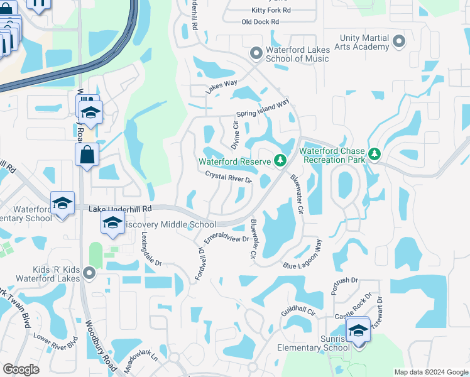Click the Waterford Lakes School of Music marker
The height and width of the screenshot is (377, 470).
tap(256, 53)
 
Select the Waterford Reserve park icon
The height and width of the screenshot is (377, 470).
tap(280, 161)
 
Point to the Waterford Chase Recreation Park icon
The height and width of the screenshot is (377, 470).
tap(374, 154)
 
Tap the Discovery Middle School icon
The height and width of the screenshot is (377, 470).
tap(112, 223)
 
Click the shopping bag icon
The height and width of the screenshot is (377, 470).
tap(87, 154)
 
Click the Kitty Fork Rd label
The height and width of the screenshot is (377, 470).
tap(271, 11)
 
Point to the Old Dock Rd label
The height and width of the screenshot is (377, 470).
tap(260, 22)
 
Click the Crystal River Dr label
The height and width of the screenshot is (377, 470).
tap(228, 179)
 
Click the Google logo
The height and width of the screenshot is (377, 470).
tap(21, 369)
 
